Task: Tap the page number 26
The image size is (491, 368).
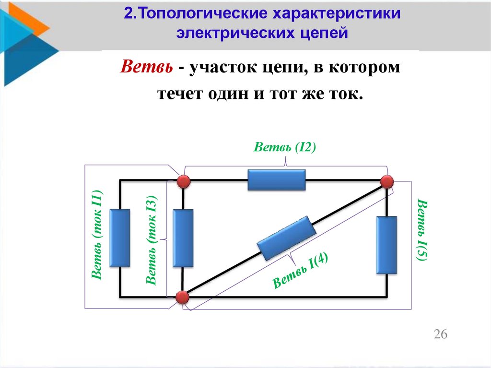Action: tap(440, 334)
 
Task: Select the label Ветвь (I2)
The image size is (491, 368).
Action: tap(285, 147)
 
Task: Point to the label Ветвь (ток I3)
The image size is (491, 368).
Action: tap(152, 240)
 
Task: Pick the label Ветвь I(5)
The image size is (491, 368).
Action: tap(422, 229)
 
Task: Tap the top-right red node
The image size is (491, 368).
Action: tap(387, 181)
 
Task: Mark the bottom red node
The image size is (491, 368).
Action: tap(182, 297)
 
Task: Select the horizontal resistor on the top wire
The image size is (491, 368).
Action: tap(277, 180)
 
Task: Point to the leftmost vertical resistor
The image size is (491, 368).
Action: tap(119, 237)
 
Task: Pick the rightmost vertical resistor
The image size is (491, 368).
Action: tap(387, 245)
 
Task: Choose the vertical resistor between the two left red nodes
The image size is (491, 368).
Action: tap(183, 238)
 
